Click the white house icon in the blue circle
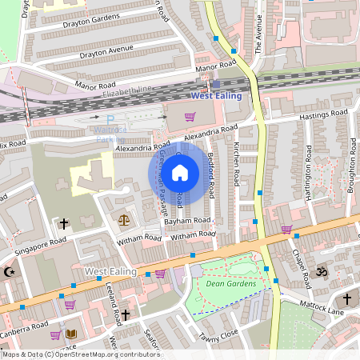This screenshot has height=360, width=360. (180, 172)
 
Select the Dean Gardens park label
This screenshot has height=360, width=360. (230, 283)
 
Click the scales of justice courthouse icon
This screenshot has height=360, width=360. (123, 218)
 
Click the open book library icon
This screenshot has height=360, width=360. (71, 334)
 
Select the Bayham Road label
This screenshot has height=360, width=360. (190, 220)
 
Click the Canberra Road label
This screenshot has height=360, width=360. (24, 328)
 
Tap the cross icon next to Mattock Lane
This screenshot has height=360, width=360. (347, 298)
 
